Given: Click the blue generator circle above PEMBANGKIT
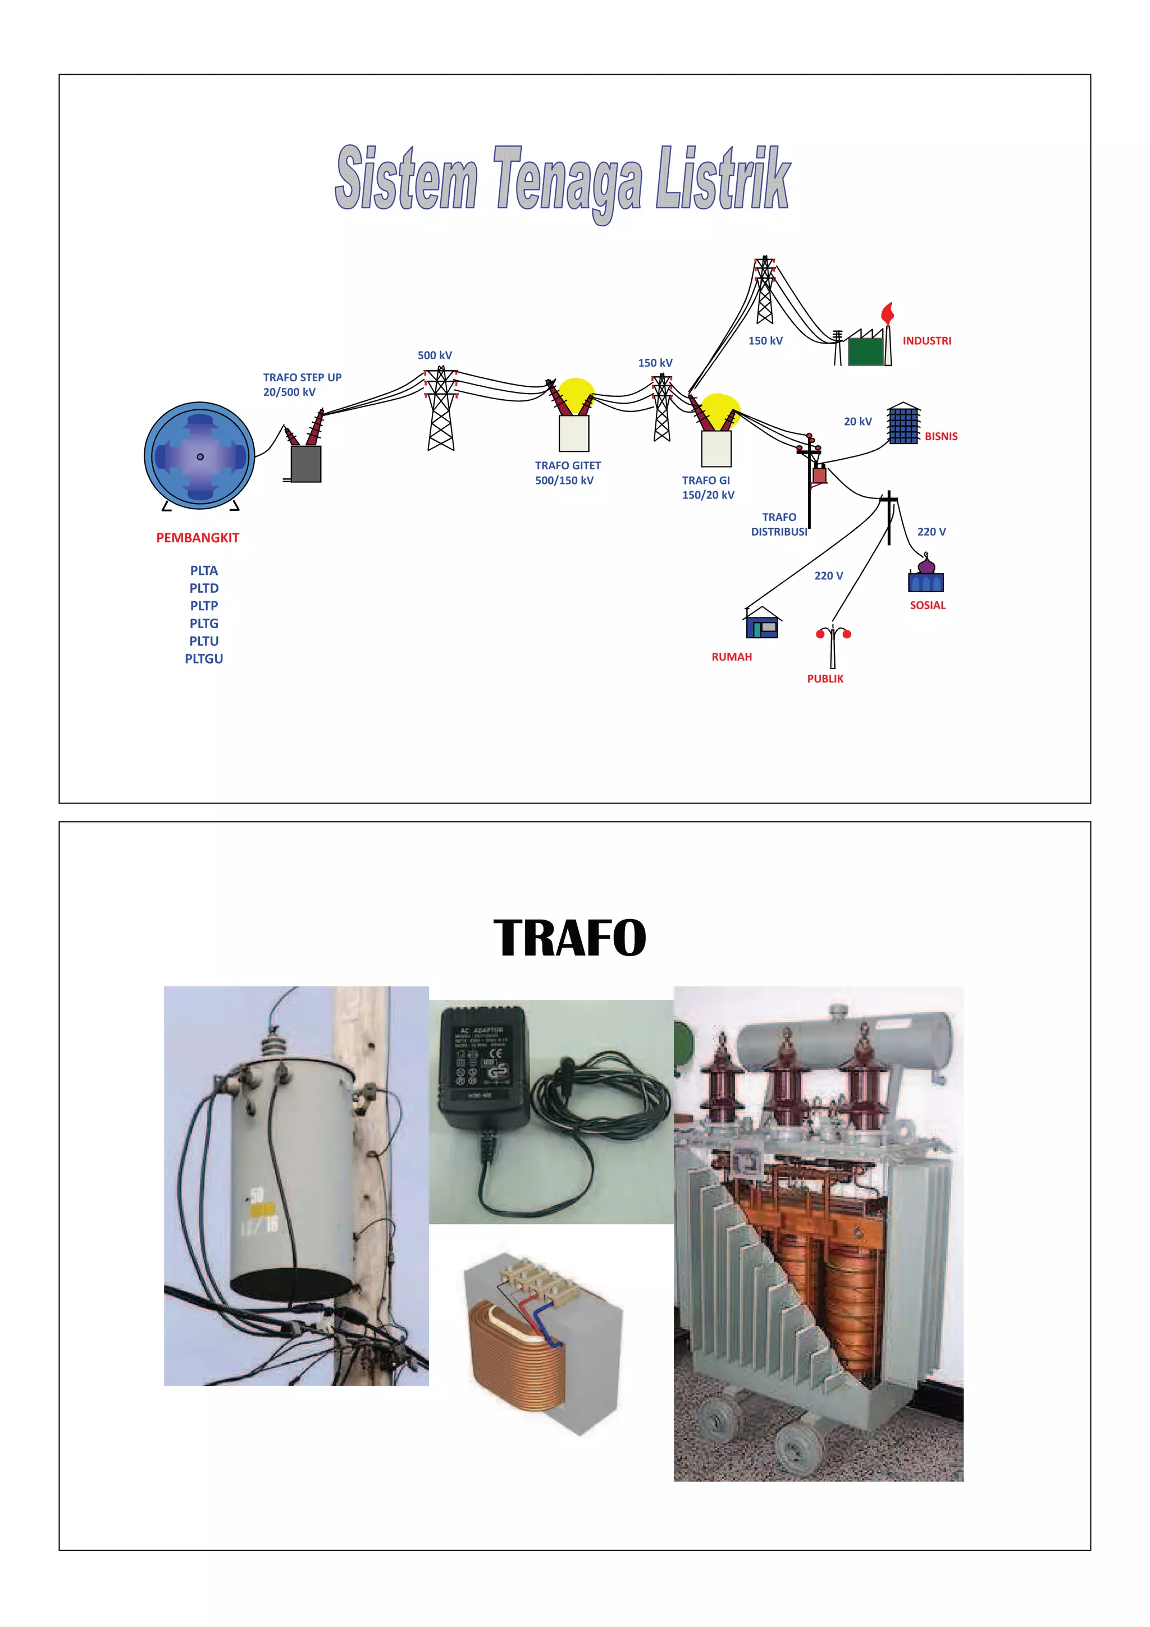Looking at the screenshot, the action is [x=199, y=456].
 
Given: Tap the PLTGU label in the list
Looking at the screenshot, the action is [x=204, y=659].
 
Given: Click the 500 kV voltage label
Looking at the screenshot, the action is [x=435, y=355].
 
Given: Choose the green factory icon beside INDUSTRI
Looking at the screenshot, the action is [x=865, y=351].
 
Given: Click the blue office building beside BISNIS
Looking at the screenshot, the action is [x=903, y=424].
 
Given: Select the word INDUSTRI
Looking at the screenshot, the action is [x=926, y=341].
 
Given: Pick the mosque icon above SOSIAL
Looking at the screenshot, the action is [x=925, y=576].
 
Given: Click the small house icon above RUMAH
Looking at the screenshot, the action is [x=762, y=624].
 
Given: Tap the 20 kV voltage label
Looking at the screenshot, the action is [x=857, y=422].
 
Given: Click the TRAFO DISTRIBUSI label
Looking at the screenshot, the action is [x=779, y=524].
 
